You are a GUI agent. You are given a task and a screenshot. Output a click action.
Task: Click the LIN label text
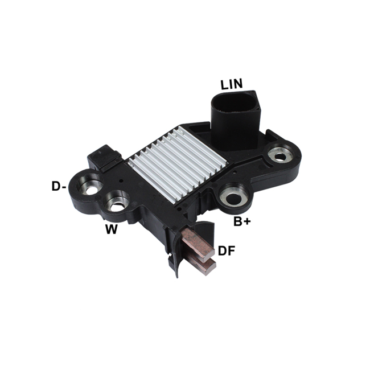click(231, 84)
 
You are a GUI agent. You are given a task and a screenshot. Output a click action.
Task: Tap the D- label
click(59, 186)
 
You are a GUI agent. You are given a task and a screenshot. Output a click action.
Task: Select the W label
click(112, 229)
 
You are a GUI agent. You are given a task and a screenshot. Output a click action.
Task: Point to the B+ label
click(242, 221)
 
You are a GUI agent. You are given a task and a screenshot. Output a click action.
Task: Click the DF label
click(227, 251)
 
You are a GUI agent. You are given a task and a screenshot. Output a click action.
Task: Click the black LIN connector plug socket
click(235, 118)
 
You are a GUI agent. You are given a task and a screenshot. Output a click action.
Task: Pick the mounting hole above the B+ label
click(233, 195)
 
